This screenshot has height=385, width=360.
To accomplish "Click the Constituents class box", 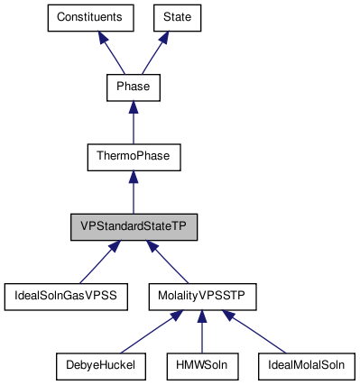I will pos(90,18).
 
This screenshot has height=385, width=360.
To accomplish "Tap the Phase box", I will pos(133,87).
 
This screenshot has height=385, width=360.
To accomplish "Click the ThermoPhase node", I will pos(133,156).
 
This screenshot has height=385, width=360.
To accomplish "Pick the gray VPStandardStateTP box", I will pos(134,225).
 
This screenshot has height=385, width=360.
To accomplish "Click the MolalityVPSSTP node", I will pos(202,295).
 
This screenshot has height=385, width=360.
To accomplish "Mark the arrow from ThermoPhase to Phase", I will pos(133,122).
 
